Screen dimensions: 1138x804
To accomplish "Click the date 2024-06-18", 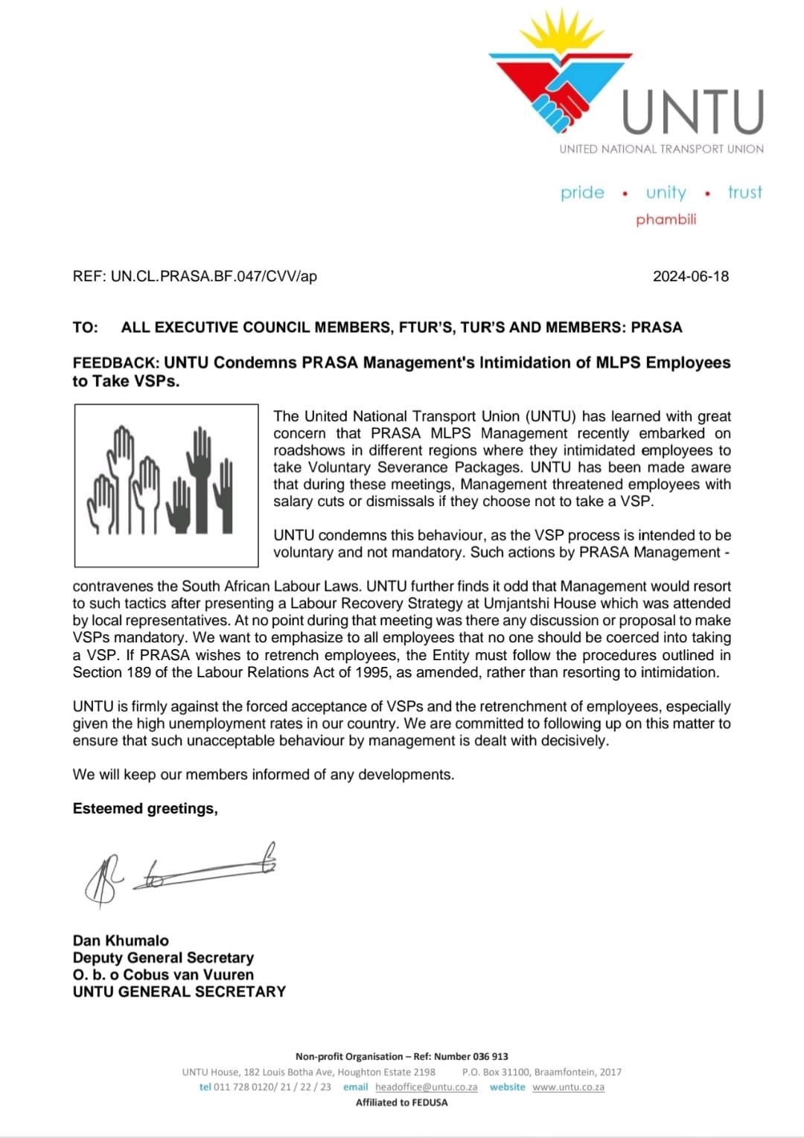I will pyautogui.click(x=690, y=276).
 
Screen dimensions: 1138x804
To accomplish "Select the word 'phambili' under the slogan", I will pyautogui.click(x=666, y=220).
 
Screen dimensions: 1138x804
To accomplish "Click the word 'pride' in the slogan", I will pyautogui.click(x=582, y=193).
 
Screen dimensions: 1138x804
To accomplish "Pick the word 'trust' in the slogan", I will pyautogui.click(x=744, y=193).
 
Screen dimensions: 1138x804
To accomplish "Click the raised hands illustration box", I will pyautogui.click(x=166, y=485).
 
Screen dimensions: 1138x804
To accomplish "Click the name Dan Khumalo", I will pyautogui.click(x=121, y=941).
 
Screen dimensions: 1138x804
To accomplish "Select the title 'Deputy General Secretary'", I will pyautogui.click(x=163, y=958).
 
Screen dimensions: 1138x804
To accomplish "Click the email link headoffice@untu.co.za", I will pyautogui.click(x=426, y=1087).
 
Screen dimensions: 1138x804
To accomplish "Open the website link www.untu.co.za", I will pyautogui.click(x=568, y=1087).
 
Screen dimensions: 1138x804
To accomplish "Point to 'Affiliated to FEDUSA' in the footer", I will pyautogui.click(x=401, y=1102).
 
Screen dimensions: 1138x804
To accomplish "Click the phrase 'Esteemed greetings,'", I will pyautogui.click(x=145, y=809).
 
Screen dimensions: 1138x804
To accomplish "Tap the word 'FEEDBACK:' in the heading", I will pyautogui.click(x=116, y=363).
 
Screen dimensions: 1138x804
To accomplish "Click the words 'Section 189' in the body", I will pyautogui.click(x=111, y=673).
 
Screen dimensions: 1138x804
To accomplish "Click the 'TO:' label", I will pyautogui.click(x=85, y=327).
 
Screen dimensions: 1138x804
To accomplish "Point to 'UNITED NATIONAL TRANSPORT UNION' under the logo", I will pyautogui.click(x=661, y=149).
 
